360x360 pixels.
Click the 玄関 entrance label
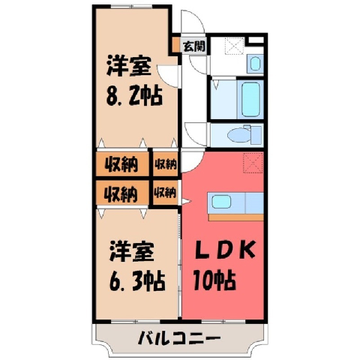(194, 46)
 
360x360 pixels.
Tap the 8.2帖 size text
(134, 96)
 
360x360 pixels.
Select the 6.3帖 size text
(137, 280)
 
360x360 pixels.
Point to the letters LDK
(225, 250)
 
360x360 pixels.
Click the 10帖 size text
(214, 280)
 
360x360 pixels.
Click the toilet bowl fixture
(239, 135)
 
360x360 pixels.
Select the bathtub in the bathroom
(250, 100)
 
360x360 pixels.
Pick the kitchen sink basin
(221, 202)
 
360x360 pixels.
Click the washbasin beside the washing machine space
(255, 64)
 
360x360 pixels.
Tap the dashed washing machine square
(235, 46)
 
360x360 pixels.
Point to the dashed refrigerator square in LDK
(253, 163)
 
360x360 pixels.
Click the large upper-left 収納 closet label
(121, 164)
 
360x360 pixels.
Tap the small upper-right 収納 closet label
(166, 164)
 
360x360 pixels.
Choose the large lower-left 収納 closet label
(121, 194)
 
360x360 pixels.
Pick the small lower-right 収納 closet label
(165, 193)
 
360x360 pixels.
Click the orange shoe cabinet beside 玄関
(176, 44)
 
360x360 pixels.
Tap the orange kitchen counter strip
(235, 217)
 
